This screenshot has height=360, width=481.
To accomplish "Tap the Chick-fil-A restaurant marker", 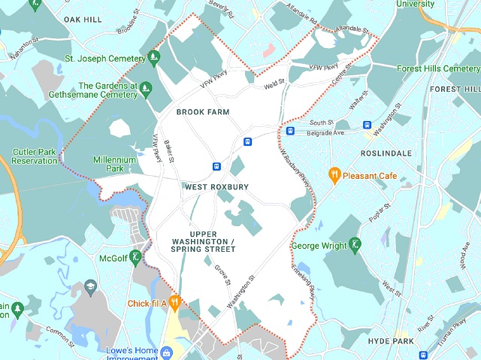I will pyautogui.click(x=174, y=303).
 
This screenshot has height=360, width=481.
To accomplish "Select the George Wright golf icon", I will pyautogui.click(x=355, y=244).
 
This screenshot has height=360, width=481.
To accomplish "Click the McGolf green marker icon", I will pyautogui.click(x=135, y=258).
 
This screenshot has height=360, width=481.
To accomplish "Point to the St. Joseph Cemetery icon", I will pyautogui.click(x=153, y=57).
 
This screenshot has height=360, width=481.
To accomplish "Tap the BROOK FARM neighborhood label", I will pyautogui.click(x=202, y=112).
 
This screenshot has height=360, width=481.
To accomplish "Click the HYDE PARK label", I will pyautogui.click(x=391, y=341).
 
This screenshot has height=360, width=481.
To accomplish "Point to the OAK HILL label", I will pyautogui.click(x=83, y=19).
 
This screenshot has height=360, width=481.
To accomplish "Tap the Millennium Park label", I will pyautogui.click(x=115, y=165).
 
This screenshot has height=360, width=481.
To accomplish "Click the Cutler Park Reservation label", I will pyautogui.click(x=35, y=156).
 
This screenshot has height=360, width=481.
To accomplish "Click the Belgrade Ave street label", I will pyautogui.click(x=325, y=133).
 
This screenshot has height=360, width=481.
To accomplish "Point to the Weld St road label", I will pyautogui.click(x=274, y=85).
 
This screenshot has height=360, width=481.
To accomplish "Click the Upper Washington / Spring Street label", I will pyautogui.click(x=202, y=241).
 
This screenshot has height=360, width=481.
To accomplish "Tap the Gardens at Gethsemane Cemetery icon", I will pyautogui.click(x=147, y=89).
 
